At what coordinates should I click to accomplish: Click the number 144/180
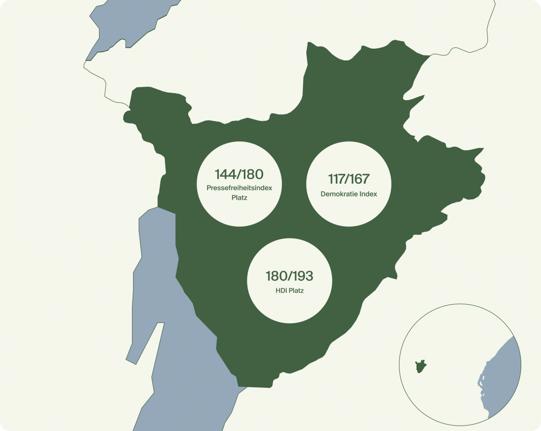(x=239, y=174)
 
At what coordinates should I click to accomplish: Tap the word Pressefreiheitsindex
(x=239, y=188)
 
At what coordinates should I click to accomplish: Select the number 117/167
(x=348, y=179)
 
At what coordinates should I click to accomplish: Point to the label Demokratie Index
(x=349, y=194)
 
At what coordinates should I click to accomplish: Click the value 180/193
(x=289, y=276)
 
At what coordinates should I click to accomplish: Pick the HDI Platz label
(x=289, y=291)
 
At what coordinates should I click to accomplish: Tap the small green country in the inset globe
(x=421, y=366)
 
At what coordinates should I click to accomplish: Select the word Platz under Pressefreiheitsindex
(x=239, y=197)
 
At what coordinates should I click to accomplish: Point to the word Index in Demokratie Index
(x=367, y=194)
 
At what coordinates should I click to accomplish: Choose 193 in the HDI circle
(x=303, y=276)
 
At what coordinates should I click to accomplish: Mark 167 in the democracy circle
(x=362, y=179)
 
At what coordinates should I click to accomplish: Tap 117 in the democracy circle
(x=336, y=179)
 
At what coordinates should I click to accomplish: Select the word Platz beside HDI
(x=296, y=291)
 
